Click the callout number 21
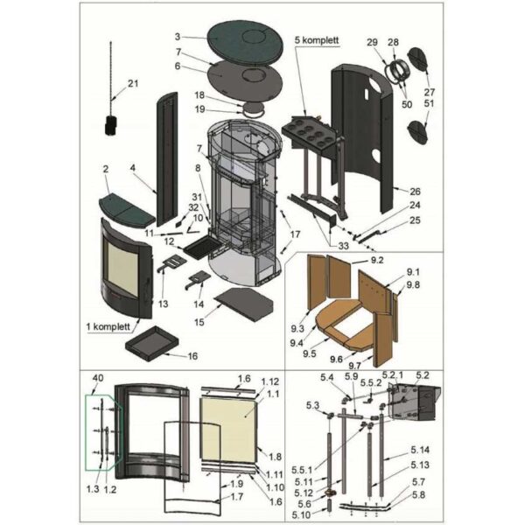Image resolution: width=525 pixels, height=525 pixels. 133,83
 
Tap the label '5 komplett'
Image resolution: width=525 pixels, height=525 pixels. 317,40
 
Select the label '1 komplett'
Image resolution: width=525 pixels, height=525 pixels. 108,326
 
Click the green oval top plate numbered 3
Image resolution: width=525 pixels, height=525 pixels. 245,44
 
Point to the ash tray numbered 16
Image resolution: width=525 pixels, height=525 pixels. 151,344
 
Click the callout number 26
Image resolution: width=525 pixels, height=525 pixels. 415,192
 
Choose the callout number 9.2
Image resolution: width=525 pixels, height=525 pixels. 376,260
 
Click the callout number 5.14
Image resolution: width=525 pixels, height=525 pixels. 420,450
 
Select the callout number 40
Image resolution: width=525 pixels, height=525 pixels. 98,378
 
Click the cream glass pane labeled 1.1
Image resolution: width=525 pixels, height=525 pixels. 229,430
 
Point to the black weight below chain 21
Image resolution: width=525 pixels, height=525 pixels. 111,125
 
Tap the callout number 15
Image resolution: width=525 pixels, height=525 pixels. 199,322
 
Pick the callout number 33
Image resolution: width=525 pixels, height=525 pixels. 343,246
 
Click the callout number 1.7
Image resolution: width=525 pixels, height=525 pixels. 237,496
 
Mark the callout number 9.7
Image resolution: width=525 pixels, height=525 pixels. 355,365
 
